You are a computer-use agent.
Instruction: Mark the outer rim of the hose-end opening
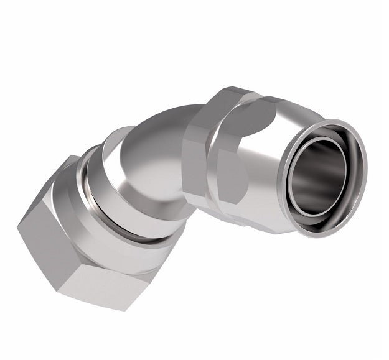click(x=362, y=155)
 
